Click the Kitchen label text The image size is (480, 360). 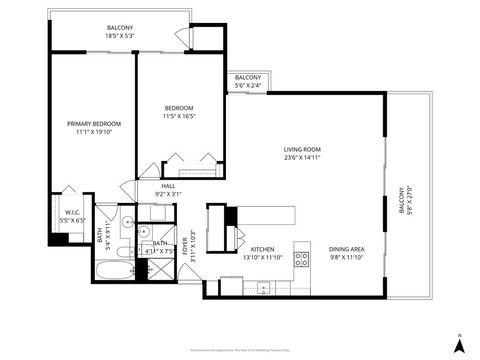(x=262, y=249)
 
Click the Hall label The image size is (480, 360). (x=167, y=185)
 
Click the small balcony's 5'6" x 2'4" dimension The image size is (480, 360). (x=247, y=85)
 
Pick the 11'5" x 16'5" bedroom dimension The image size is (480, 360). (x=179, y=115)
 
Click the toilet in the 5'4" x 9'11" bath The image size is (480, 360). (x=121, y=249)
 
